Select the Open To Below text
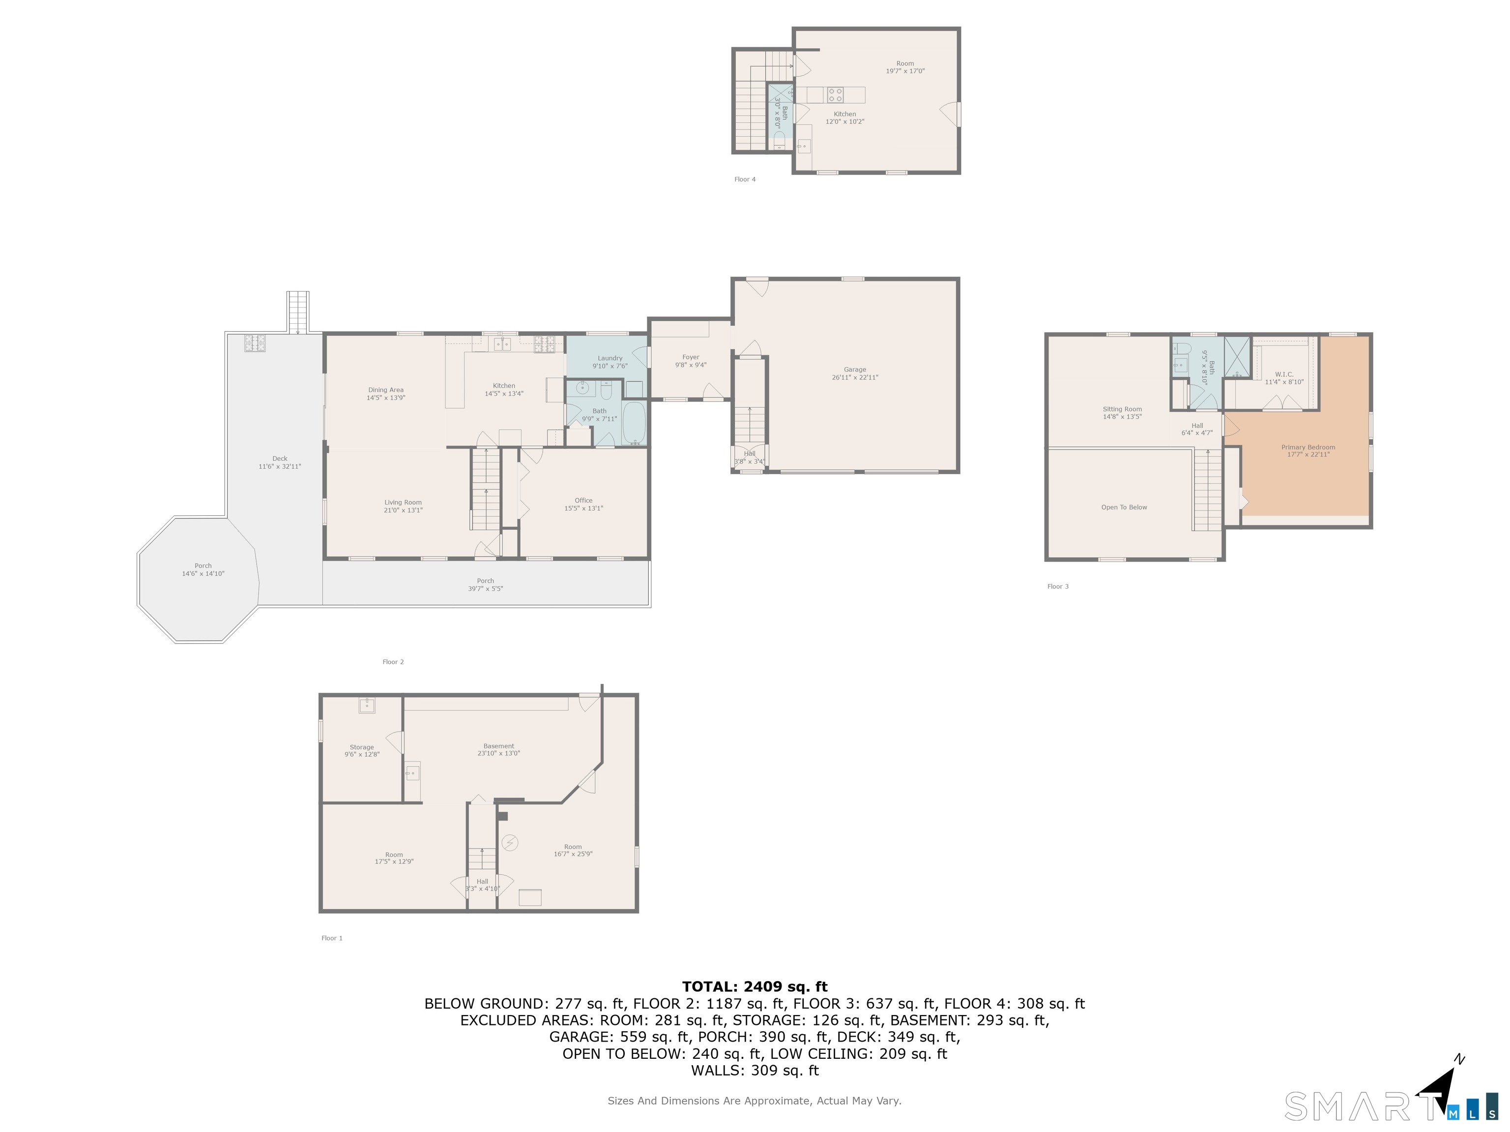pyautogui.click(x=1124, y=507)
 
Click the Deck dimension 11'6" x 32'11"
pyautogui.click(x=279, y=467)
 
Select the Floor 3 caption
pyautogui.click(x=1057, y=586)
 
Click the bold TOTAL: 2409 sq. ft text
pyautogui.click(x=755, y=987)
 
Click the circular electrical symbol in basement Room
pyautogui.click(x=509, y=844)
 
